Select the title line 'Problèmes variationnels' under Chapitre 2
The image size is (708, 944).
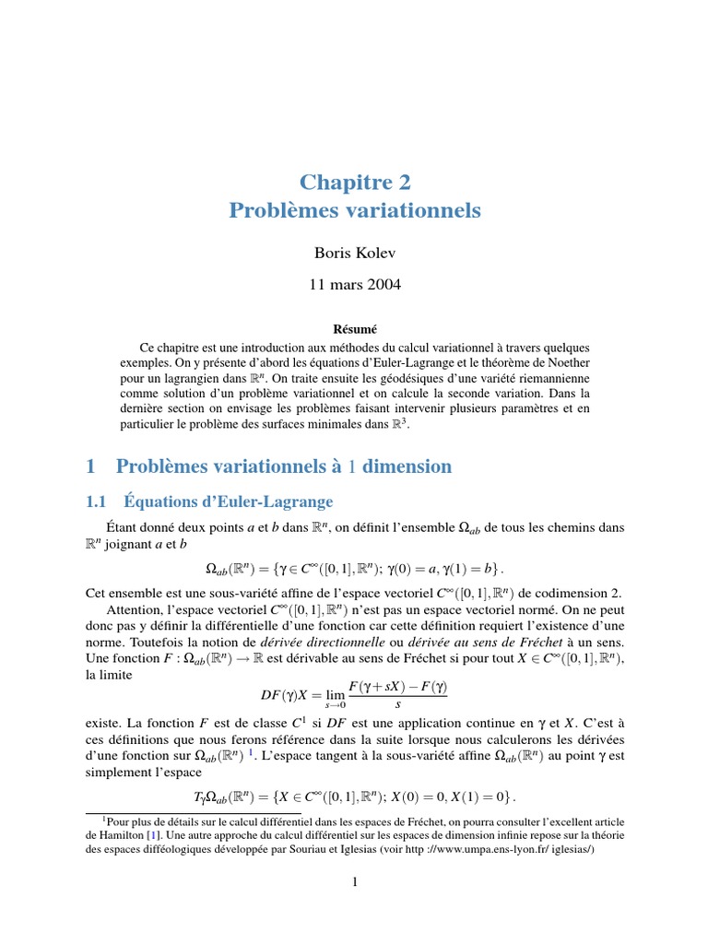coord(355,210)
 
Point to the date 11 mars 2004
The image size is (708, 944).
coord(355,286)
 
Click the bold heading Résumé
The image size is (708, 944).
coord(354,328)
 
